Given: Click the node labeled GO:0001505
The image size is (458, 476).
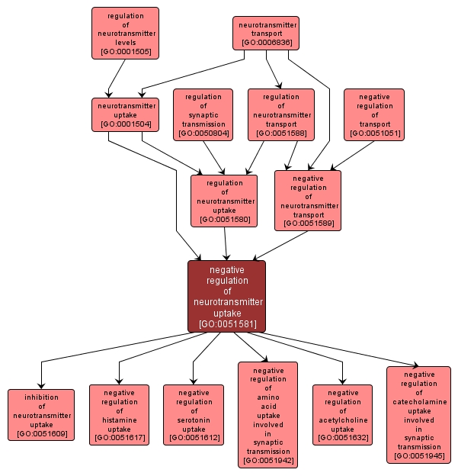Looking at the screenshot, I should (x=125, y=33).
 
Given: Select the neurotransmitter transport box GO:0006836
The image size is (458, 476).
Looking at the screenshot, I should (x=265, y=34).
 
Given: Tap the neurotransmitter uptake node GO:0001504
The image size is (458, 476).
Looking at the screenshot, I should (x=125, y=114).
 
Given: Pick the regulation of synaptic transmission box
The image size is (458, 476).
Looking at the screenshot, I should (x=203, y=114).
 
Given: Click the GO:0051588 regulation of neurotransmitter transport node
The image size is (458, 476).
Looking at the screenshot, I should (x=280, y=114).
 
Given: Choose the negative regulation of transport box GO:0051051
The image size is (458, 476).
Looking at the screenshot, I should (x=373, y=114).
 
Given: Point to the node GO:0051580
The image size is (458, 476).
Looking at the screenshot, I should (x=224, y=201).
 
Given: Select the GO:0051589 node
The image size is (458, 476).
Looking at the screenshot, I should (x=307, y=201).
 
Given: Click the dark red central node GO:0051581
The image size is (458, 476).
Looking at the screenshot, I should (x=226, y=296).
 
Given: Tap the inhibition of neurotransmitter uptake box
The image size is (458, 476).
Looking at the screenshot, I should (x=41, y=415).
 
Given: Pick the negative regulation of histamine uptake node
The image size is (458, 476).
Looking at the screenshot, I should (x=119, y=415).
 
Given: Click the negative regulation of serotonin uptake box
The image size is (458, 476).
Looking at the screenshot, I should (x=193, y=415).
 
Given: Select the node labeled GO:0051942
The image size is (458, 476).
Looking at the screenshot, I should (x=267, y=414).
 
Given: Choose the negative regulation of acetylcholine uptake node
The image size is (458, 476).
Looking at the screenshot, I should (x=342, y=415).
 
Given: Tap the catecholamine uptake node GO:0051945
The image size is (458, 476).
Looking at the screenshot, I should (x=418, y=415).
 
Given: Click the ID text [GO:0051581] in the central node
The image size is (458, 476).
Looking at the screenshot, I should (x=226, y=324).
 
